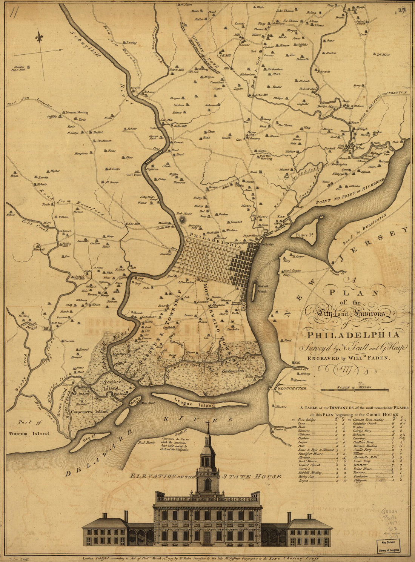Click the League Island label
(195, 405)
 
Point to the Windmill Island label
(262, 289)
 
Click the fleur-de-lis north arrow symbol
(39, 37)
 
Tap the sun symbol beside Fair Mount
(183, 219)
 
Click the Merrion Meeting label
(77, 112)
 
